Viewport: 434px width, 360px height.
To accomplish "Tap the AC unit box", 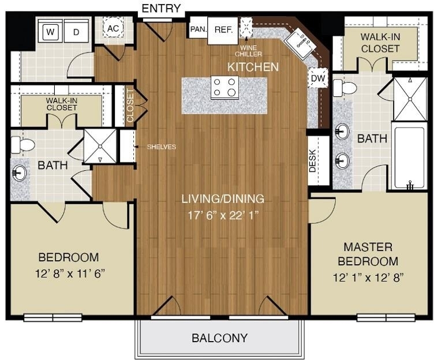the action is point(113,28).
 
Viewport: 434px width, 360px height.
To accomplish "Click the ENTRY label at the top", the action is point(161,8).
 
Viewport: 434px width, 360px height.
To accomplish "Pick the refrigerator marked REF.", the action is point(223,31).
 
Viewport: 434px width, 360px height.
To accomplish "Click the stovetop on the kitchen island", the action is point(225,87).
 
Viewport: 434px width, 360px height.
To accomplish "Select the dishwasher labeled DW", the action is point(318,78).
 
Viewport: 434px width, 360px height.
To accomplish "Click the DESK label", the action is point(312,160).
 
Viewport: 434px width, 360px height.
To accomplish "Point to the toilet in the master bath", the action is point(345,88).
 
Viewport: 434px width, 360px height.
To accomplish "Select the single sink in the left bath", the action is point(20,173).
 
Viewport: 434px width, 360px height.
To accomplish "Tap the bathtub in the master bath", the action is point(409,157).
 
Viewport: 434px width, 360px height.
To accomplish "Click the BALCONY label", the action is point(219,338).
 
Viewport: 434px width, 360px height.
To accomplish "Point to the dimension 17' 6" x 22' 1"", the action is point(223,215).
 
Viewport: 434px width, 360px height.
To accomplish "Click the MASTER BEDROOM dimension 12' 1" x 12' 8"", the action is point(368,277).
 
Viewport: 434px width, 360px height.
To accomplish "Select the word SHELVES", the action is point(162,147).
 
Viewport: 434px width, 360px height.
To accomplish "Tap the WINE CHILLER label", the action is point(248,51).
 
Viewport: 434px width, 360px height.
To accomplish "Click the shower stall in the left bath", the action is point(100,146).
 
